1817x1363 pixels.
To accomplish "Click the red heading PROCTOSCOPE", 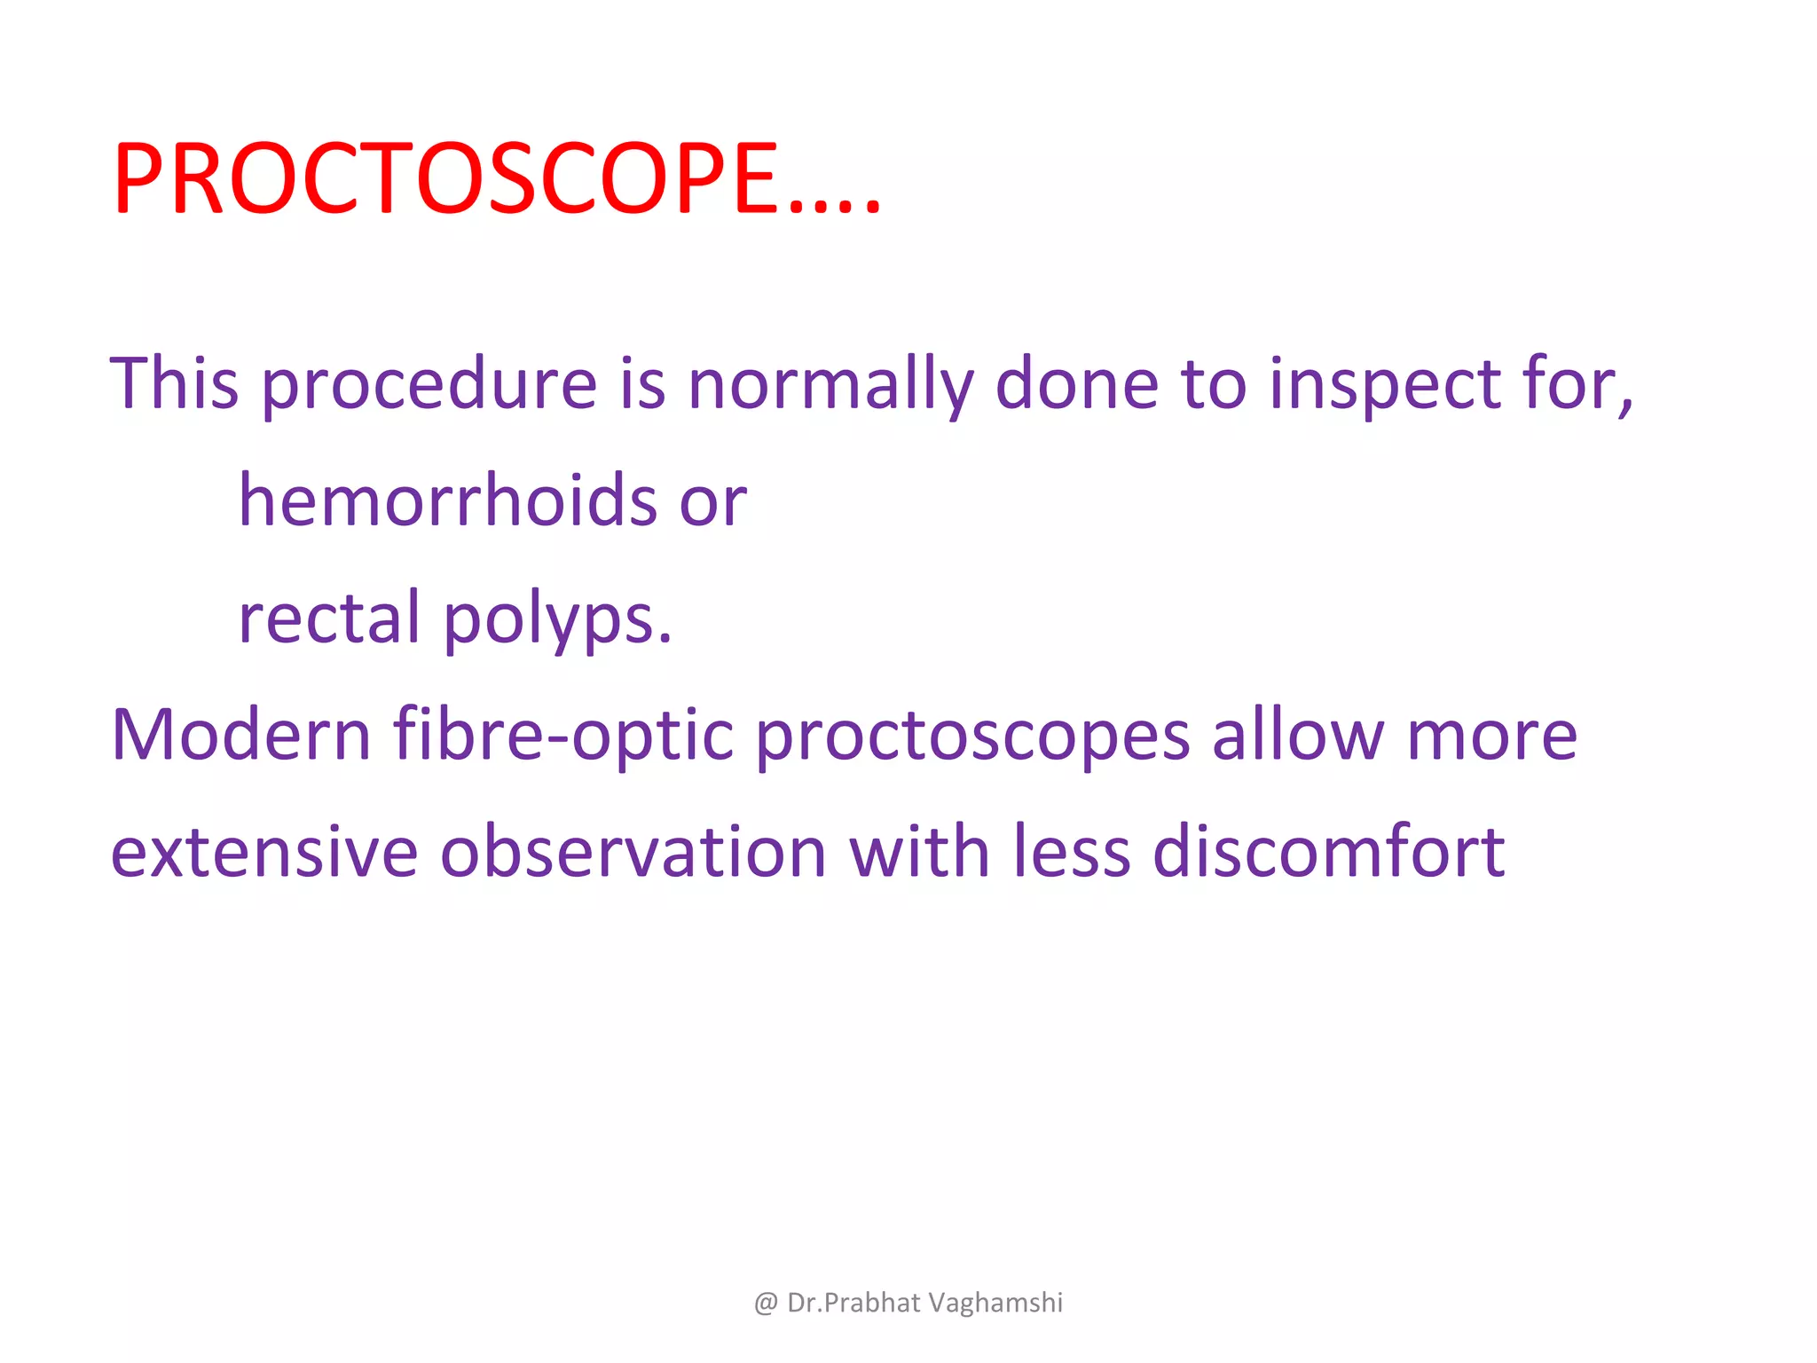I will [x=497, y=179].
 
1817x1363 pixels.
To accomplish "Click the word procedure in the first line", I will [x=429, y=383].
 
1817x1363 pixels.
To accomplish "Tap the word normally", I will [x=830, y=383].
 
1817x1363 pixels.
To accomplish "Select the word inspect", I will [x=1384, y=383].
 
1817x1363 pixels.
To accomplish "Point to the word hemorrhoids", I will [x=448, y=500].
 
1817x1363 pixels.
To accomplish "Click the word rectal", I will [x=329, y=618].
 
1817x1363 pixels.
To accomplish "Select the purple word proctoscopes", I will [x=972, y=737].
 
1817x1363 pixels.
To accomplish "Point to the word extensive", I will [x=264, y=852].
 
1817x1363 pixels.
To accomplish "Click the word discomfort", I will [x=1328, y=852].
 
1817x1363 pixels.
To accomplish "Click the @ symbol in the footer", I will [x=766, y=1303].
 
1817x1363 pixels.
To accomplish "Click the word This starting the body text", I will [x=175, y=383].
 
